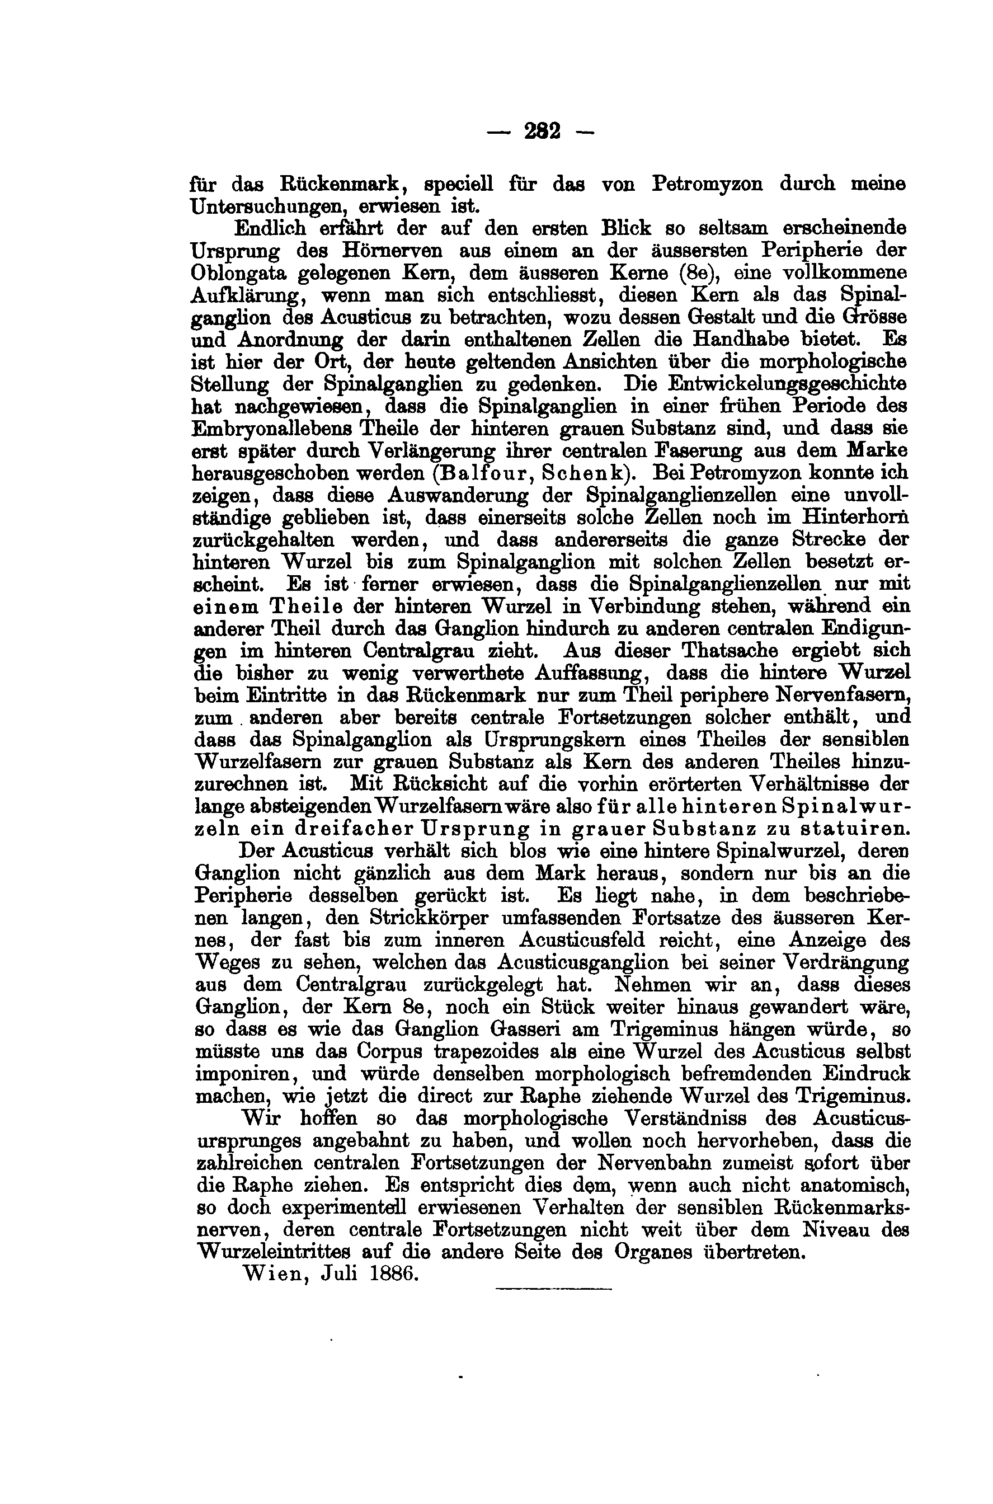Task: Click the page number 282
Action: tap(542, 131)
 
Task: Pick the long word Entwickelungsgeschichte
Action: tap(771, 384)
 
